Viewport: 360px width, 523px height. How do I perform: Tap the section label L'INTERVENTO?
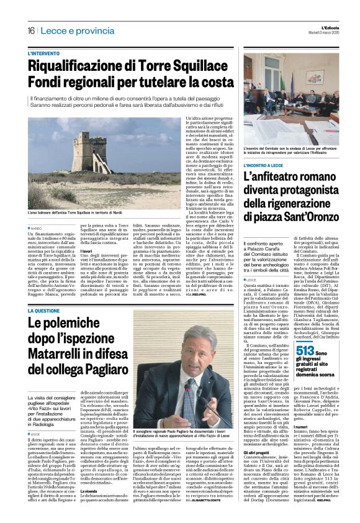tap(63, 55)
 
